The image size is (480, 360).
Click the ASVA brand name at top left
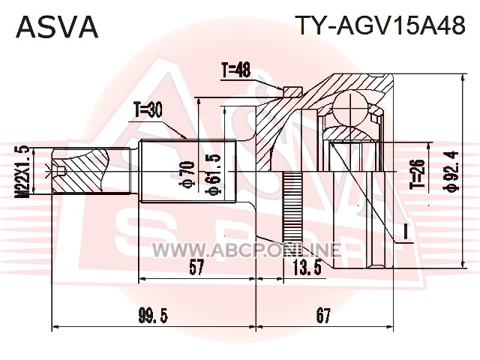pyautogui.click(x=57, y=27)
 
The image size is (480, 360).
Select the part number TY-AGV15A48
pyautogui.click(x=382, y=25)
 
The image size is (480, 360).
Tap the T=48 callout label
pyautogui.click(x=236, y=70)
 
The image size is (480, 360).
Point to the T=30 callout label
pyautogui.click(x=148, y=110)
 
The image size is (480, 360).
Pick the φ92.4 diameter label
pyautogui.click(x=451, y=171)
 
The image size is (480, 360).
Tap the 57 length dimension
pyautogui.click(x=196, y=268)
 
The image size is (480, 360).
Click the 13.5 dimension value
pyautogui.click(x=307, y=268)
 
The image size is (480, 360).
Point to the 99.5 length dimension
pyautogui.click(x=153, y=316)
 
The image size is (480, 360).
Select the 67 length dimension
pyautogui.click(x=323, y=316)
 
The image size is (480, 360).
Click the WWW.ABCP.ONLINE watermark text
pyautogui.click(x=246, y=250)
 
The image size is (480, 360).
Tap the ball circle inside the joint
pyautogui.click(x=350, y=108)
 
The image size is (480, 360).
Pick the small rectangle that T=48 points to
pyautogui.click(x=292, y=91)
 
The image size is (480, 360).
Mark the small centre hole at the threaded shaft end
pyautogui.click(x=61, y=171)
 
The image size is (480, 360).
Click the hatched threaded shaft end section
pyautogui.click(x=80, y=171)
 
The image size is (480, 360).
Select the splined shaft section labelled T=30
pyautogui.click(x=188, y=171)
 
